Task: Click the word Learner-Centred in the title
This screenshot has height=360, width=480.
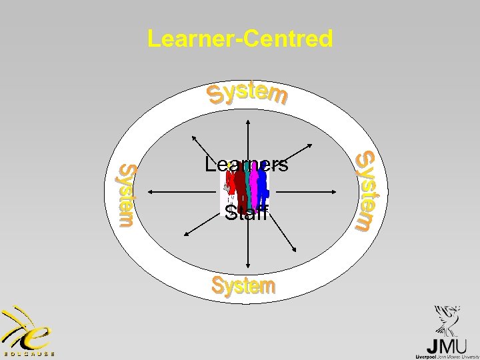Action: click(240, 39)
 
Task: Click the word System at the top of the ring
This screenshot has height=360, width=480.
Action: click(247, 95)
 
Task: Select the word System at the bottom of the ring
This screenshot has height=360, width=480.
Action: click(243, 286)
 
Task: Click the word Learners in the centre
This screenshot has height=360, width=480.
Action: click(247, 165)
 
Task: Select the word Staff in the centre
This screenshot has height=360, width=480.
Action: click(246, 214)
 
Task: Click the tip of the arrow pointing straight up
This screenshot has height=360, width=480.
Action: click(248, 120)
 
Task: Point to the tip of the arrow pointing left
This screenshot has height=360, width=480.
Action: click(147, 192)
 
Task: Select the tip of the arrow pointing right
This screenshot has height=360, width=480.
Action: click(346, 192)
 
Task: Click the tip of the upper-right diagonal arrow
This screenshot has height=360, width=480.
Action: click(313, 142)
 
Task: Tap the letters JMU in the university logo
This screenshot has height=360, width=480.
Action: click(444, 346)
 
